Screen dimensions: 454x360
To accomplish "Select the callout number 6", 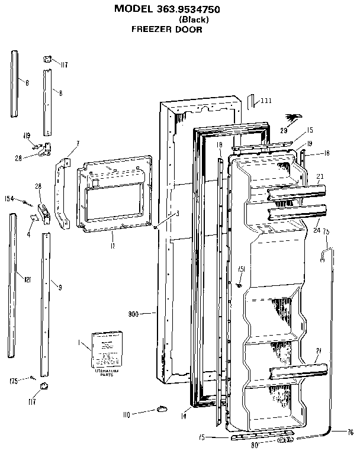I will click(27, 83).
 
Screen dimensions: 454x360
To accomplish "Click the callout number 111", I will click(266, 101).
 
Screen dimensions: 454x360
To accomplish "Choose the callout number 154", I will click(9, 198).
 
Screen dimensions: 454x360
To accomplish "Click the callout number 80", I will click(255, 445).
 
